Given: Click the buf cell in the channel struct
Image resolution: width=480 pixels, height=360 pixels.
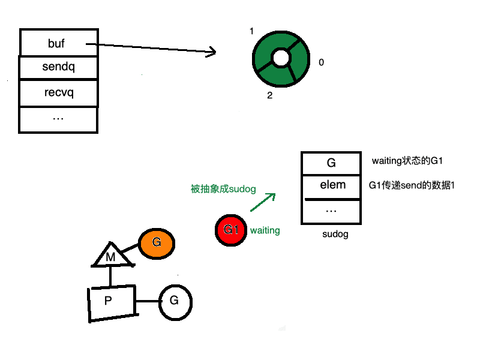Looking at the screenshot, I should (x=59, y=43).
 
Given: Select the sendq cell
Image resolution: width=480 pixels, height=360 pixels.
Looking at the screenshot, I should (x=59, y=67).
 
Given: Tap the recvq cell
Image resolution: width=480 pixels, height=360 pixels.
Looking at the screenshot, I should (x=59, y=93).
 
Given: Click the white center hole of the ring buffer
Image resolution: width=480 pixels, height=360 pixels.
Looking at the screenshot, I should (x=281, y=58).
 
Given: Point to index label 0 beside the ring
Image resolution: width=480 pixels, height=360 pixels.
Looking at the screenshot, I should (x=322, y=62).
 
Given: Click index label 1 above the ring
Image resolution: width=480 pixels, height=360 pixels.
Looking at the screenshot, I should (x=252, y=31).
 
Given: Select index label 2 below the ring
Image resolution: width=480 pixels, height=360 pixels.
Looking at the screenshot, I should (x=270, y=95).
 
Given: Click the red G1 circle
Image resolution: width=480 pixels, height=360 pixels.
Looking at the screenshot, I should (x=231, y=230).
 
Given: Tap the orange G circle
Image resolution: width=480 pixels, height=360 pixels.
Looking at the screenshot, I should (x=157, y=243).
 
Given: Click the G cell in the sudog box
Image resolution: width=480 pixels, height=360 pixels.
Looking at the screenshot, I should (x=331, y=163).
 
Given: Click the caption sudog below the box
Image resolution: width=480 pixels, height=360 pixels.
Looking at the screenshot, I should (x=335, y=235).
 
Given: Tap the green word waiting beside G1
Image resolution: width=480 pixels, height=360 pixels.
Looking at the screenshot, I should (x=265, y=230).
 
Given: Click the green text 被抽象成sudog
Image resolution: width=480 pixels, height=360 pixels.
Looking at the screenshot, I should (x=223, y=189).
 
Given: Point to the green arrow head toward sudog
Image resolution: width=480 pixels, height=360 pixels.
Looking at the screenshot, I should (x=271, y=196).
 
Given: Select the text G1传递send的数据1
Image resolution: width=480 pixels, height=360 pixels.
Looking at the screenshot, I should (x=412, y=185).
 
